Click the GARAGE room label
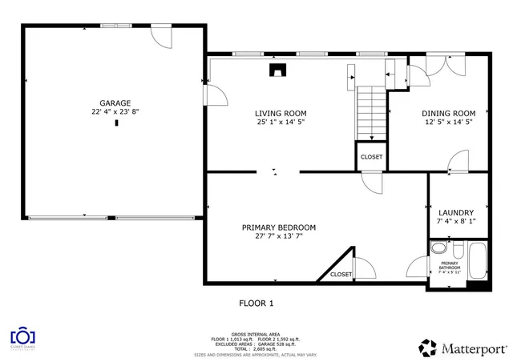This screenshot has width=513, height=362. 115,103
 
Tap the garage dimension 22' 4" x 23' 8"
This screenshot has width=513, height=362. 115,113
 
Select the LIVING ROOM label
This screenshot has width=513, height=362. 281,114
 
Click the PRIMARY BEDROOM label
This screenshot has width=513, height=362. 279,227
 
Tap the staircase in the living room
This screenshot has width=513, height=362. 371,112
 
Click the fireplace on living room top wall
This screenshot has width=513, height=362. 277,70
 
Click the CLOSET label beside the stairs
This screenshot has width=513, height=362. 371,157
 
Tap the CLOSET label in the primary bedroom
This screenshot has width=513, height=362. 341,275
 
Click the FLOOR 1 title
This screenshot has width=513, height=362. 256,303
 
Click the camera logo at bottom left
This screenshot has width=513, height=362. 24,335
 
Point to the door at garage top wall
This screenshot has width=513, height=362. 161,35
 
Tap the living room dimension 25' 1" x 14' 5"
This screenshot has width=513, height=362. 281,123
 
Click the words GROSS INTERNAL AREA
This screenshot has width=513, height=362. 256,334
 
